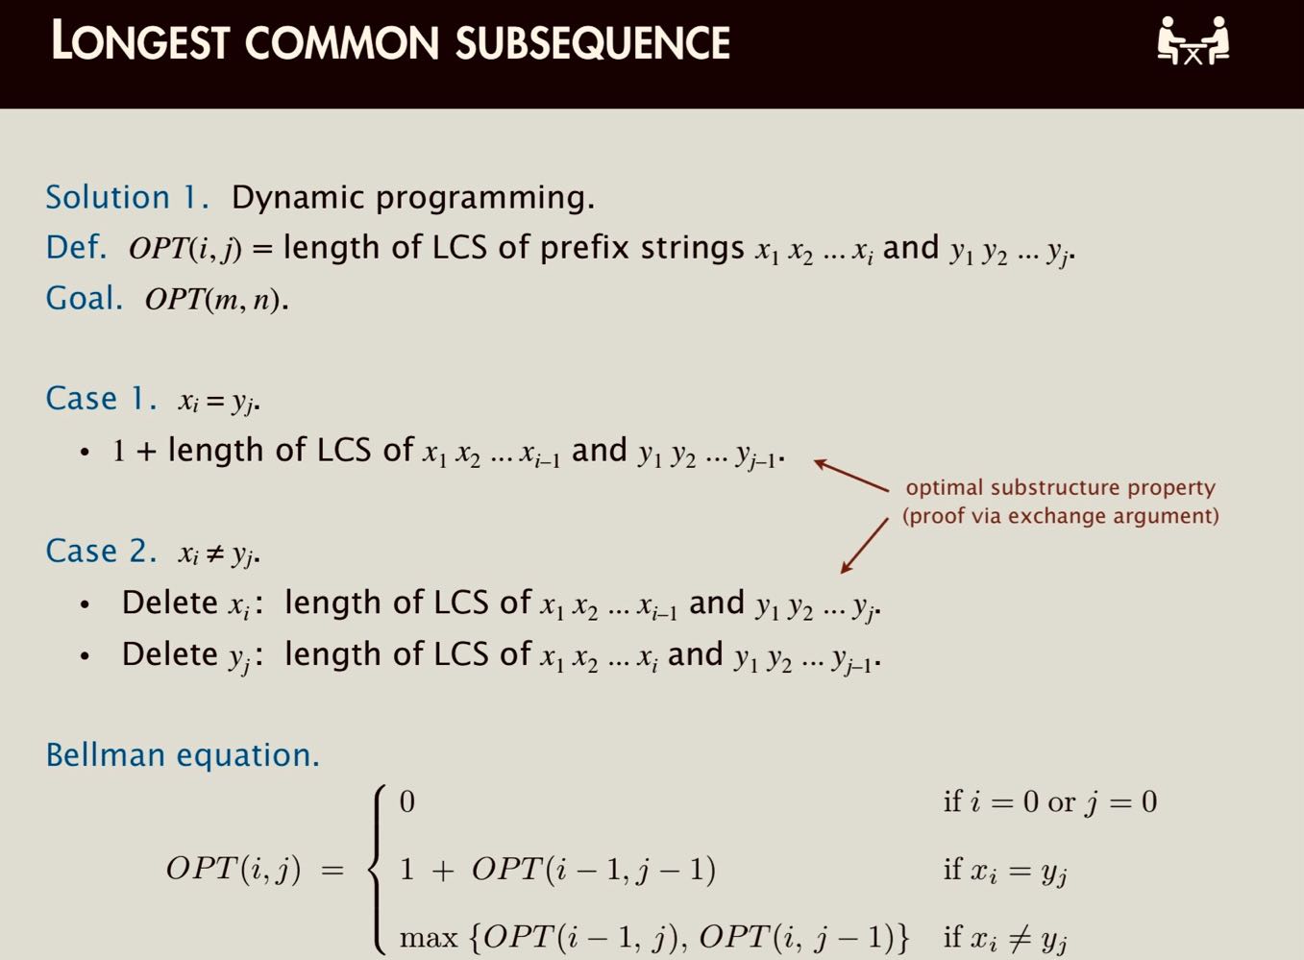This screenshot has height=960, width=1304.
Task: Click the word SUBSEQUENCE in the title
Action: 593,43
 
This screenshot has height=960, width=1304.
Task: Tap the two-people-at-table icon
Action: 1193,41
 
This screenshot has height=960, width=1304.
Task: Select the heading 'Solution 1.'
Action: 127,197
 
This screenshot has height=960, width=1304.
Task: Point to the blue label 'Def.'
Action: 76,247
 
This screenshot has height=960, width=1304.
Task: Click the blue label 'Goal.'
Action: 85,298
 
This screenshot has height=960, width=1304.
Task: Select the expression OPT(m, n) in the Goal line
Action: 215,300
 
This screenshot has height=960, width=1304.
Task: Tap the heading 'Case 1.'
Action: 101,398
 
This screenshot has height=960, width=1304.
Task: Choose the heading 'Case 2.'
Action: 101,551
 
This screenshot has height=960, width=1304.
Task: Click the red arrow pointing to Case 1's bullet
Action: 851,476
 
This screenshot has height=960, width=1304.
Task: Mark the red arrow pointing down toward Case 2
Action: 864,546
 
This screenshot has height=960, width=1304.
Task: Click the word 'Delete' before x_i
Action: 169,603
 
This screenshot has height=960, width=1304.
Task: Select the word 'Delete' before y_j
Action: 169,654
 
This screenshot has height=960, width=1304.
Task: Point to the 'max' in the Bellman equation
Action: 428,937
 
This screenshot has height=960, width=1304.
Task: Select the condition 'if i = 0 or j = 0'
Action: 1049,801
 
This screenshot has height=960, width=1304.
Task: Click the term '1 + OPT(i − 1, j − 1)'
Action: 557,870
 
